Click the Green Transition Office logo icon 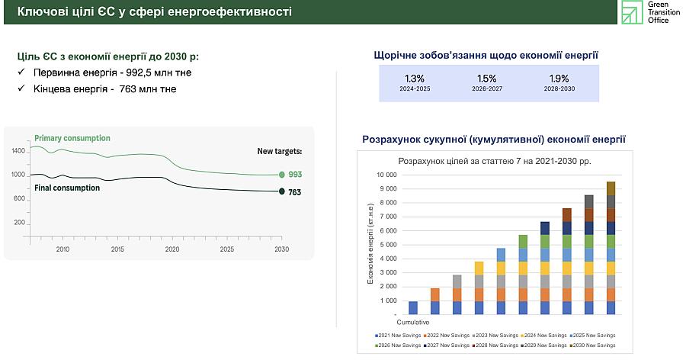tap(632, 12)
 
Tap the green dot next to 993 tap(282, 175)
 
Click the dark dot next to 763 tap(282, 191)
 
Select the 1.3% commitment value tap(415, 79)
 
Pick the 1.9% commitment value tap(559, 79)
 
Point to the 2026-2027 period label tap(487, 89)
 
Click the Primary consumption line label tap(72, 138)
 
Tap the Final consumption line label tap(67, 188)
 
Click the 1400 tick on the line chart tap(18, 151)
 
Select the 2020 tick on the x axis tap(172, 249)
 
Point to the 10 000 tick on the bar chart tap(386, 175)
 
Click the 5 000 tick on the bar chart tap(388, 245)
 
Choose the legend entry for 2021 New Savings tap(398, 336)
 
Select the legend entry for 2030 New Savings tap(592, 346)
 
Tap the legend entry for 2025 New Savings tap(592, 336)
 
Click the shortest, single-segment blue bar tap(413, 308)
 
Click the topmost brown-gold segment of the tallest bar tap(611, 188)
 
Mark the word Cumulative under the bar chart tap(413, 323)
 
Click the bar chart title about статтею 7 tap(495, 161)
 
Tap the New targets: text tap(280, 151)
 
